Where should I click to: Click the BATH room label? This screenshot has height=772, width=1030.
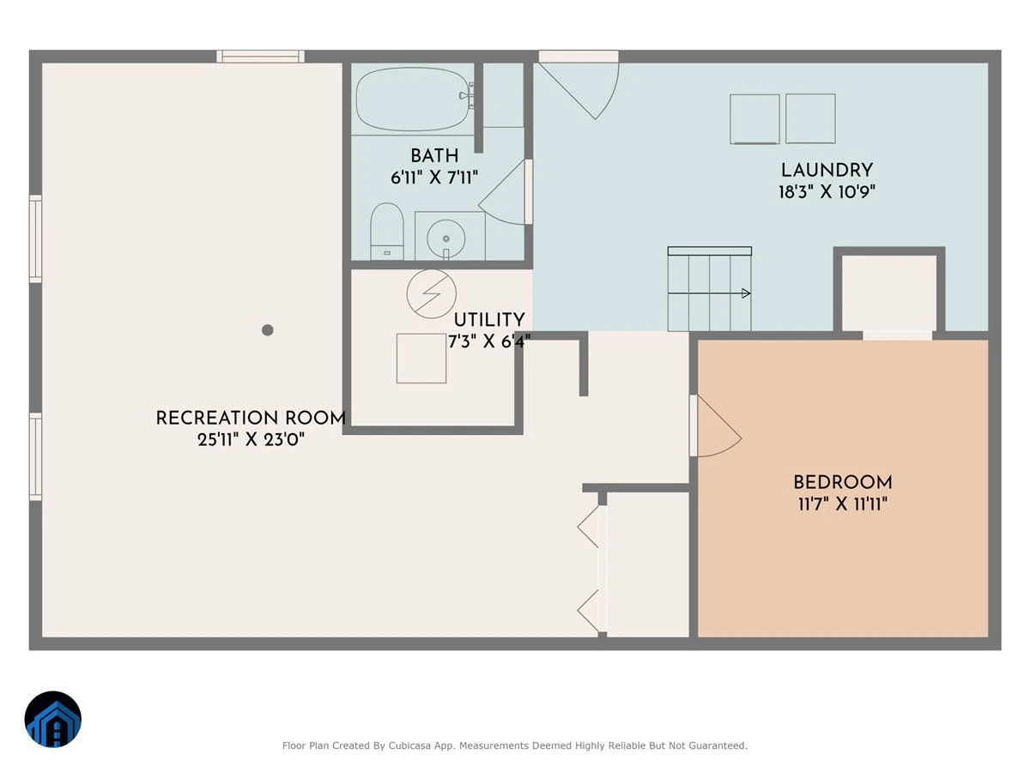pyautogui.click(x=434, y=155)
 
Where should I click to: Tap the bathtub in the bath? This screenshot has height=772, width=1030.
pyautogui.click(x=413, y=100)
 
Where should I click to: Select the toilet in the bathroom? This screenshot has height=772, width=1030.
pyautogui.click(x=386, y=232)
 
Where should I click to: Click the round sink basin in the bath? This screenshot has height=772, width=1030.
pyautogui.click(x=445, y=238)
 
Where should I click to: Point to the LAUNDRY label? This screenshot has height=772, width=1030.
pyautogui.click(x=827, y=170)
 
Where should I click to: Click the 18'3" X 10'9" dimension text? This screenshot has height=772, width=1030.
pyautogui.click(x=827, y=191)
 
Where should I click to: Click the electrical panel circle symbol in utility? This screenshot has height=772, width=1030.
pyautogui.click(x=431, y=294)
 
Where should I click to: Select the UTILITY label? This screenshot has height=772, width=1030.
pyautogui.click(x=489, y=320)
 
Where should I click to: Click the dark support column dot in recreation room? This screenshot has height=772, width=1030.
pyautogui.click(x=268, y=330)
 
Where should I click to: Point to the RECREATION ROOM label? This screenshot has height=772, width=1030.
pyautogui.click(x=251, y=418)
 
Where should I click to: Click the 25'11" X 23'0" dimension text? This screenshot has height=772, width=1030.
pyautogui.click(x=251, y=440)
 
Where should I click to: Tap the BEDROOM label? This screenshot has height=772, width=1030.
pyautogui.click(x=843, y=482)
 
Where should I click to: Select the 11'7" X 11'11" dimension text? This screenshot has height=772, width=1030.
pyautogui.click(x=843, y=504)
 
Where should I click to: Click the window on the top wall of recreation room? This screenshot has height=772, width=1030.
pyautogui.click(x=260, y=57)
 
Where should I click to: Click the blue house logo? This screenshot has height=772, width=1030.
pyautogui.click(x=53, y=719)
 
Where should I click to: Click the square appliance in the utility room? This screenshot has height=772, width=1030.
pyautogui.click(x=421, y=359)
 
